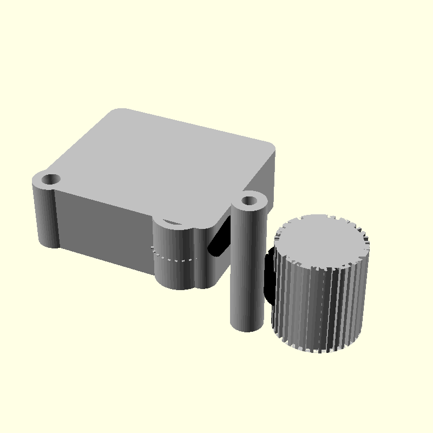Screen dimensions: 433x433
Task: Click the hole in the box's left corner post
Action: pos(52,179)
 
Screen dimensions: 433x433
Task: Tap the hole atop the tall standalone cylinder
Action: pos(250,201)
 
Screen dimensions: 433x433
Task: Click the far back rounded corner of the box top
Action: pos(120,113)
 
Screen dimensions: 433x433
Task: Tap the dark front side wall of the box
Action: pos(103,227)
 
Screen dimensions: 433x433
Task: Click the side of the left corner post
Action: pos(47,216)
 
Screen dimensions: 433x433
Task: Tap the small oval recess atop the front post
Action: pos(173,222)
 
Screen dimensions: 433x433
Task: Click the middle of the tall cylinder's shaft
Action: pos(248,265)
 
